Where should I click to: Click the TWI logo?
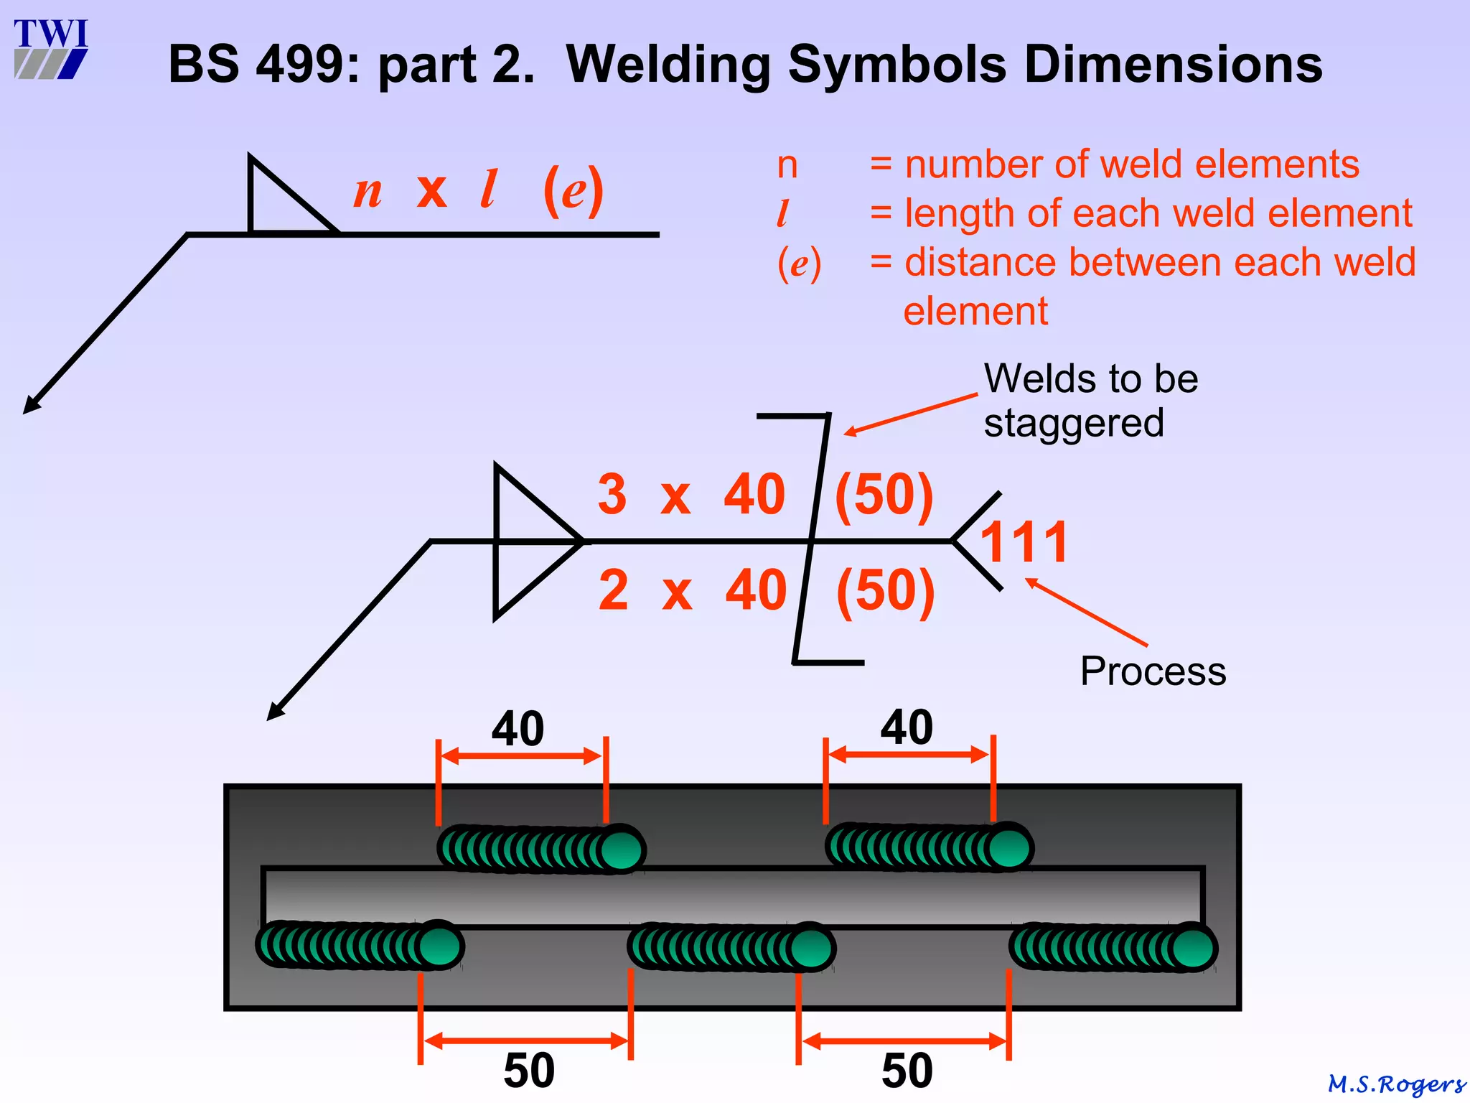tap(50, 49)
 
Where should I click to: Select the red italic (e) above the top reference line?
tap(573, 191)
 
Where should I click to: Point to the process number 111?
tap(1024, 542)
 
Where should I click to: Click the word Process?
tap(1153, 671)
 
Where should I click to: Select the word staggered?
tap(1073, 422)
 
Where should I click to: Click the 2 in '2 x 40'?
tap(614, 590)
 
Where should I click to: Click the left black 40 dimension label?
tap(518, 729)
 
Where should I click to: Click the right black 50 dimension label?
tap(907, 1071)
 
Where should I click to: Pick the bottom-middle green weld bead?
tap(731, 947)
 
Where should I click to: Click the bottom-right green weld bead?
tap(1113, 947)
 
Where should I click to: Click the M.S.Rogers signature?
tap(1396, 1084)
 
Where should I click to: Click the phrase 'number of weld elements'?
tap(1132, 164)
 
